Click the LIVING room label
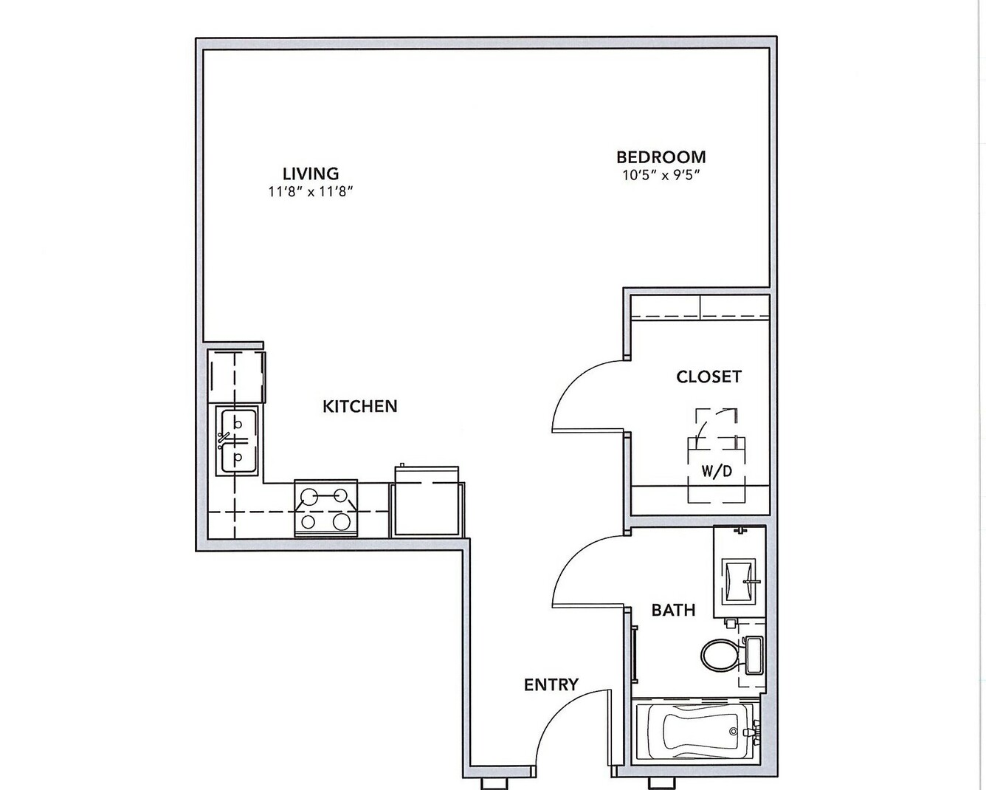[311, 174]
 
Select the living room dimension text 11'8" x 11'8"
[311, 191]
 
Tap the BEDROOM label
[661, 157]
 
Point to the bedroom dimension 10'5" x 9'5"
[661, 175]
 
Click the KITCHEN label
[359, 406]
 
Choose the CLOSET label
[709, 377]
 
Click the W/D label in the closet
[716, 471]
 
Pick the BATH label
[674, 611]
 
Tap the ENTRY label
[551, 684]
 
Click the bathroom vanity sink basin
[739, 583]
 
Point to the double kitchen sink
[238, 441]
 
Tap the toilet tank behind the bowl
[754, 655]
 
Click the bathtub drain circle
[734, 732]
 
